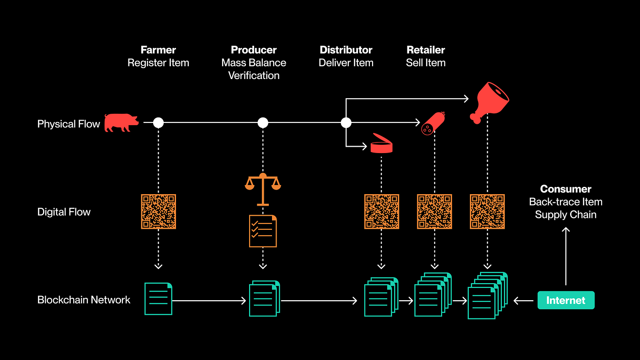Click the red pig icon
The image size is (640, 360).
point(121,122)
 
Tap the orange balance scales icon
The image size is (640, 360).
point(263,189)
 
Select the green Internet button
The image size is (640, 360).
point(566,300)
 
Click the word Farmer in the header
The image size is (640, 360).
point(158,50)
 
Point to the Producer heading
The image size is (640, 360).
point(254,50)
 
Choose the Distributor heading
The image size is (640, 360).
point(346,50)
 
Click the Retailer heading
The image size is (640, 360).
point(426,50)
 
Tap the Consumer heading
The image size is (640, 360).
point(566,189)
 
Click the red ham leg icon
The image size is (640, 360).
point(489,103)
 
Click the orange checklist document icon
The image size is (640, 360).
point(263,231)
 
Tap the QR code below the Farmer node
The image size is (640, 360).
point(159,212)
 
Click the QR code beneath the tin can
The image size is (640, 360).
point(381,212)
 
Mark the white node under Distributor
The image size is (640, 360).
point(346,123)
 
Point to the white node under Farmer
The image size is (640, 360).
point(158,123)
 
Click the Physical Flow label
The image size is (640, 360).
point(69,124)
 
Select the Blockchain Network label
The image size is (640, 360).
point(84,300)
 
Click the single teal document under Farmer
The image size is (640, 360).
point(158,299)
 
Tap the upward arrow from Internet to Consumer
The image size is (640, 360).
point(566,256)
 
